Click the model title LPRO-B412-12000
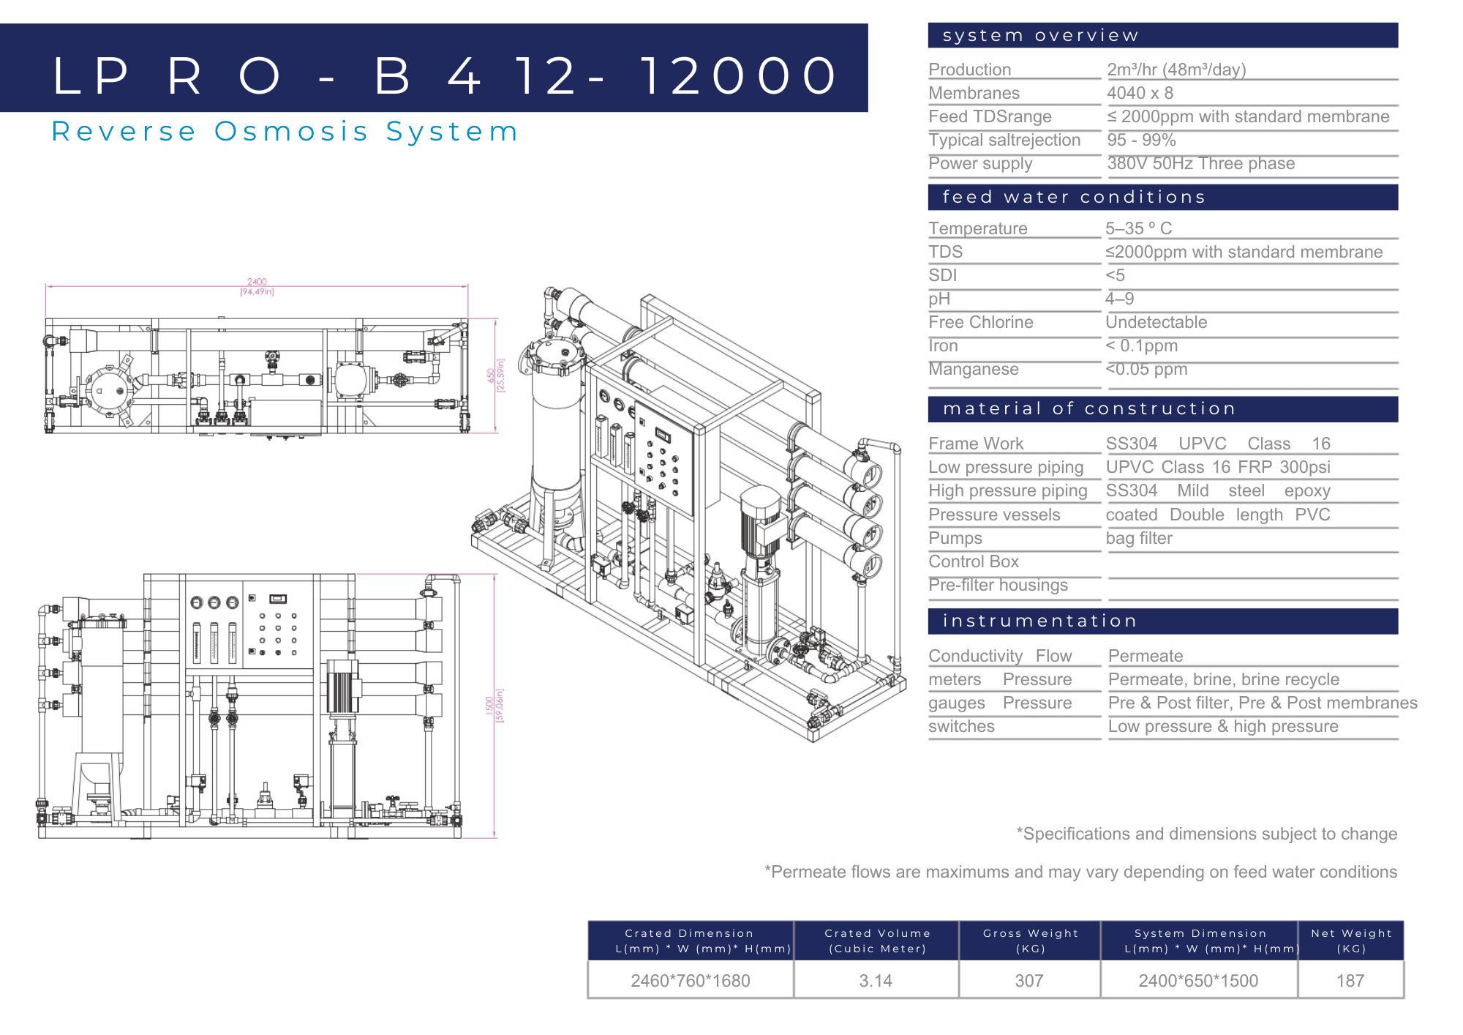pos(445,75)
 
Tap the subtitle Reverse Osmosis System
pos(285,132)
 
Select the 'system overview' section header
pos(1040,35)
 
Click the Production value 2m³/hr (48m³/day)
pos(1176,70)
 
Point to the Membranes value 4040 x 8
pos(1140,93)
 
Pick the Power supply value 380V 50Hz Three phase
pos(1200,163)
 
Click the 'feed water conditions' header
pos(1074,197)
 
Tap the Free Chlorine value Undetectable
pos(1156,322)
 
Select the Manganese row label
pos(973,369)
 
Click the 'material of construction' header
pos(1089,408)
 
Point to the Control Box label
pos(973,561)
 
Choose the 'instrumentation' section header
pos(1039,621)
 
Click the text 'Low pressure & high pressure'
pos(1223,726)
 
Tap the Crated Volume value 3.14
pos(876,981)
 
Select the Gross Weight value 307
pos(1028,981)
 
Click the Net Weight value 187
pos(1350,981)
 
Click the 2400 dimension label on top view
pos(257,282)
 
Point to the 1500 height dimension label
pos(489,705)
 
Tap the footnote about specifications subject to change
pos(1206,834)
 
